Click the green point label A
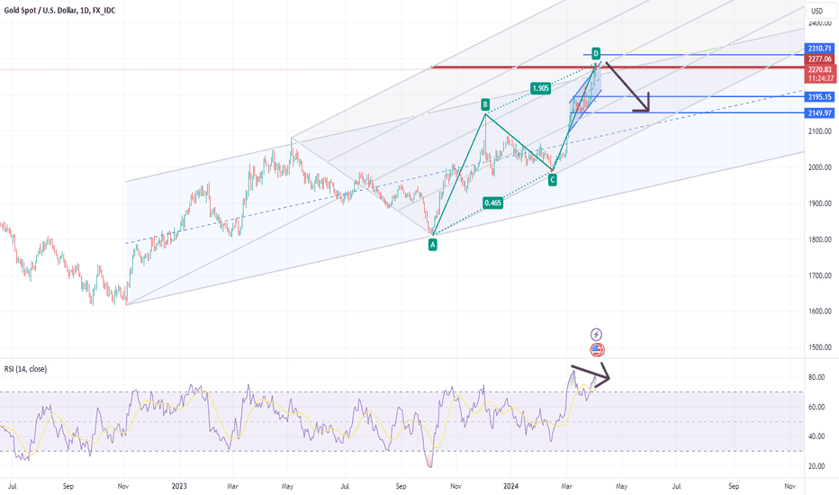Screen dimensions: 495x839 click(x=432, y=244)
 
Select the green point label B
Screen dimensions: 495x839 click(x=484, y=104)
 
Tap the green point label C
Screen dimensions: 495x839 click(x=552, y=180)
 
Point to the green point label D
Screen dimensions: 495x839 click(x=596, y=53)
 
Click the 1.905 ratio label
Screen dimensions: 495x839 click(x=540, y=88)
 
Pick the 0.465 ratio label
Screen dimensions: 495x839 click(x=492, y=203)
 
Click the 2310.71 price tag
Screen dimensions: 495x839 click(x=819, y=48)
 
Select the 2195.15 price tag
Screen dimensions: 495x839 click(x=819, y=96)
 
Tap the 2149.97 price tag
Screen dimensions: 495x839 click(x=819, y=112)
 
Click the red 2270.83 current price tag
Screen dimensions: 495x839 click(x=819, y=69)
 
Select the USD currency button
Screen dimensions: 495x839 click(x=817, y=11)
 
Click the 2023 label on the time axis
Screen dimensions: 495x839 click(x=178, y=485)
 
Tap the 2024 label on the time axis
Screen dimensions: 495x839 click(x=510, y=485)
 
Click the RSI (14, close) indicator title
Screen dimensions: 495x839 click(x=25, y=369)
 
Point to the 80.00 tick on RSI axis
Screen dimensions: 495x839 click(x=816, y=378)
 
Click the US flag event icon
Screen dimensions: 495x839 click(x=597, y=349)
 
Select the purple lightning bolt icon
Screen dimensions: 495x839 click(x=597, y=334)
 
